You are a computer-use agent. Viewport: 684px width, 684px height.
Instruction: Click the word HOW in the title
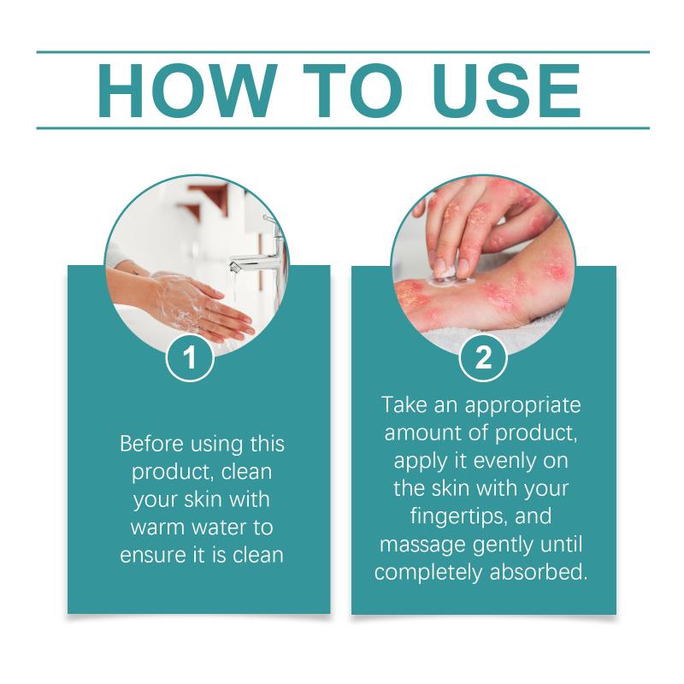(187, 91)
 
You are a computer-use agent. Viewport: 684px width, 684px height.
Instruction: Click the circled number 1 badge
(190, 357)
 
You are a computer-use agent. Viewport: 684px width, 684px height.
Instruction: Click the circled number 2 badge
(483, 357)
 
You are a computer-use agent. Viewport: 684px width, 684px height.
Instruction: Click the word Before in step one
(151, 444)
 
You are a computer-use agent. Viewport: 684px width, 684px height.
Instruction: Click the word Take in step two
(404, 404)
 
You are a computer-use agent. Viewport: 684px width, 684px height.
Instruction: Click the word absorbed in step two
(539, 572)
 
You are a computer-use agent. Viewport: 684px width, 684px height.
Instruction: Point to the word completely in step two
(429, 573)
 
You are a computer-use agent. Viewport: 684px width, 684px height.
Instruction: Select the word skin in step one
(203, 499)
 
